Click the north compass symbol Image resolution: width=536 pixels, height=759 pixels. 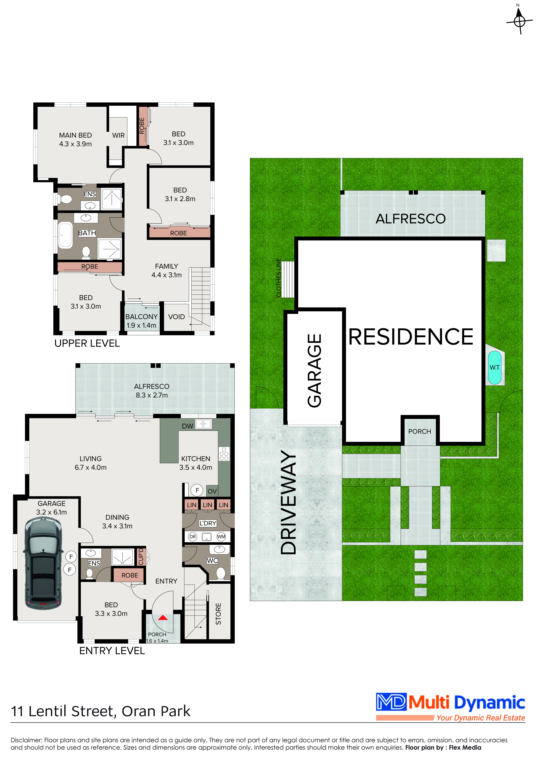coord(519,20)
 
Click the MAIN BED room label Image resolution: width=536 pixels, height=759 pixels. coord(75,135)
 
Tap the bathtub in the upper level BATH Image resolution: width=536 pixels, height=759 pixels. coord(65,235)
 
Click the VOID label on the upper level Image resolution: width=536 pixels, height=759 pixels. coord(176,317)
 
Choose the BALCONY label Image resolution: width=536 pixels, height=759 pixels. coord(141,317)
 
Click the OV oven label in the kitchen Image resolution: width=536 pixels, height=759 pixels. coord(212,491)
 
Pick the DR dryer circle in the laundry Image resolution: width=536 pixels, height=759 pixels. coord(193,536)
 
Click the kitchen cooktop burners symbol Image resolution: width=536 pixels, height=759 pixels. coord(224,454)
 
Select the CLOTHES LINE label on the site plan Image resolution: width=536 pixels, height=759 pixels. coord(278,278)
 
